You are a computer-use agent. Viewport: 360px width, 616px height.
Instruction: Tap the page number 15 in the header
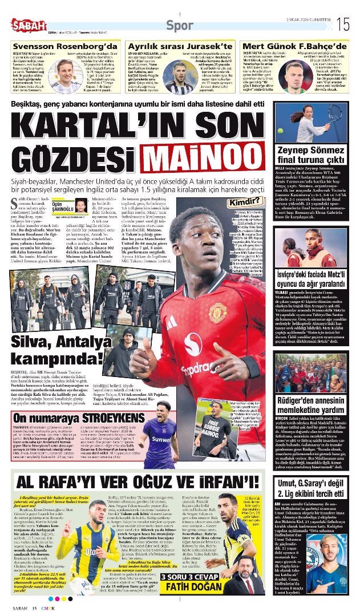tap(343, 24)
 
